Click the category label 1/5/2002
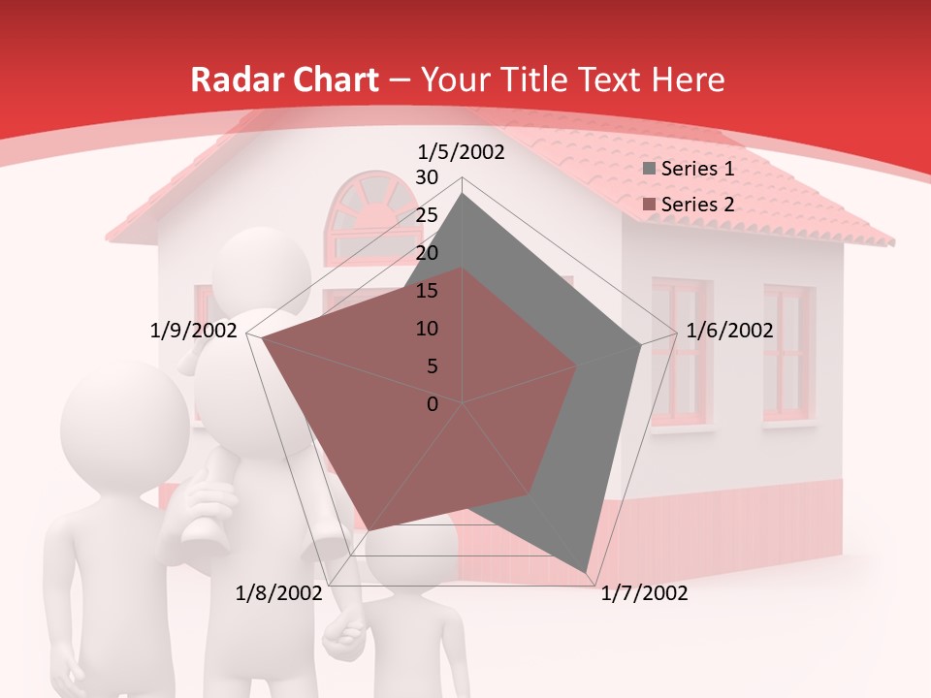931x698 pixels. pyautogui.click(x=462, y=152)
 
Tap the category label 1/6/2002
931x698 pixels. pyautogui.click(x=729, y=331)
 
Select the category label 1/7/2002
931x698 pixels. pyautogui.click(x=644, y=593)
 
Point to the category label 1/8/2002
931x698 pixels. pyautogui.click(x=279, y=593)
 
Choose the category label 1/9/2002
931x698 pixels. pyautogui.click(x=194, y=331)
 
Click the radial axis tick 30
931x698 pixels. pyautogui.click(x=427, y=177)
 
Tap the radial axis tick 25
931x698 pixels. pyautogui.click(x=427, y=215)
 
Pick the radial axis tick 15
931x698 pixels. pyautogui.click(x=427, y=291)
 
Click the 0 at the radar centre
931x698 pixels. pyautogui.click(x=433, y=404)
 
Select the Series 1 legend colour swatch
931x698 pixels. pyautogui.click(x=650, y=170)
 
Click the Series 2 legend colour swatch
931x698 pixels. pyautogui.click(x=650, y=206)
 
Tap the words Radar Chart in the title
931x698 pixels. pyautogui.click(x=284, y=79)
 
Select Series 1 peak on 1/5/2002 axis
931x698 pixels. pyautogui.click(x=463, y=194)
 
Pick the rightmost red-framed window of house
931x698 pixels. pyautogui.click(x=787, y=354)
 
